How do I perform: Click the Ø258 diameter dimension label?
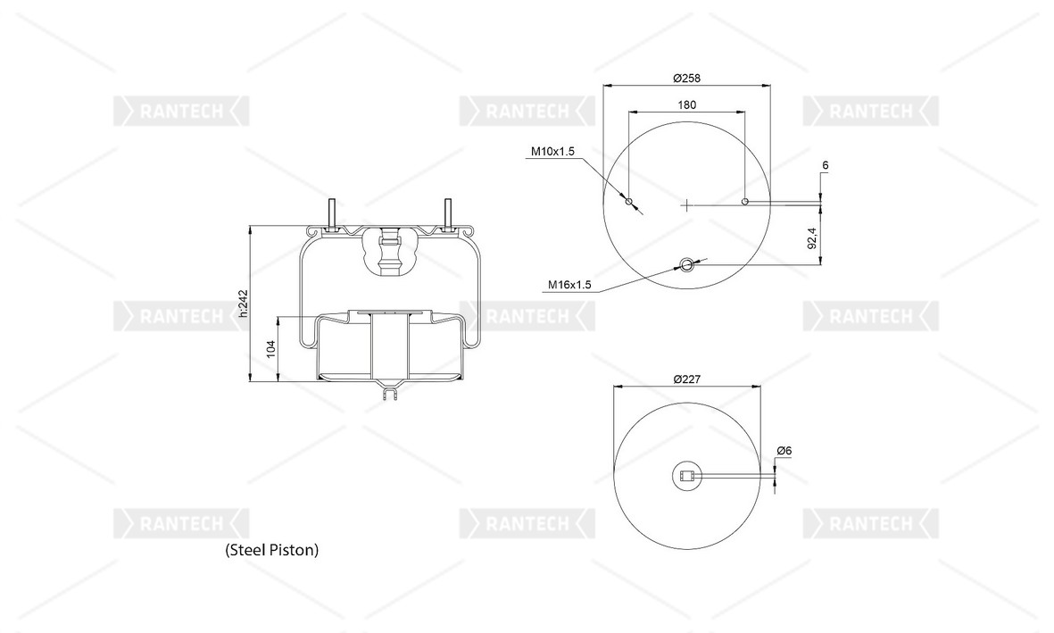click(686, 78)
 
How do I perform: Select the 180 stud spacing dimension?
click(687, 104)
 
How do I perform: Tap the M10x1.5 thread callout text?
click(552, 152)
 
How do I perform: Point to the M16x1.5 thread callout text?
click(569, 285)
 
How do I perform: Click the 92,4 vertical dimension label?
click(812, 238)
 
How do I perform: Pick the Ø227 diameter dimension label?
click(687, 379)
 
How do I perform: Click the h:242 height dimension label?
click(244, 304)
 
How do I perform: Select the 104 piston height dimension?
click(271, 348)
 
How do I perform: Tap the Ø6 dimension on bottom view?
click(784, 451)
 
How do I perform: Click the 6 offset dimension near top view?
click(826, 165)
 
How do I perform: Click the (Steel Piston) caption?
click(271, 550)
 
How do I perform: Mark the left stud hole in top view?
click(629, 201)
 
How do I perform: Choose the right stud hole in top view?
click(745, 201)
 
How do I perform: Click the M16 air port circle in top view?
click(686, 264)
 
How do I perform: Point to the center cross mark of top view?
click(686, 205)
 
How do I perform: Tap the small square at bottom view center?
click(686, 477)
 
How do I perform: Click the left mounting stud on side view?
click(331, 214)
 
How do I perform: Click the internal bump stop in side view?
click(390, 253)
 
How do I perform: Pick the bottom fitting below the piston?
click(390, 393)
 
